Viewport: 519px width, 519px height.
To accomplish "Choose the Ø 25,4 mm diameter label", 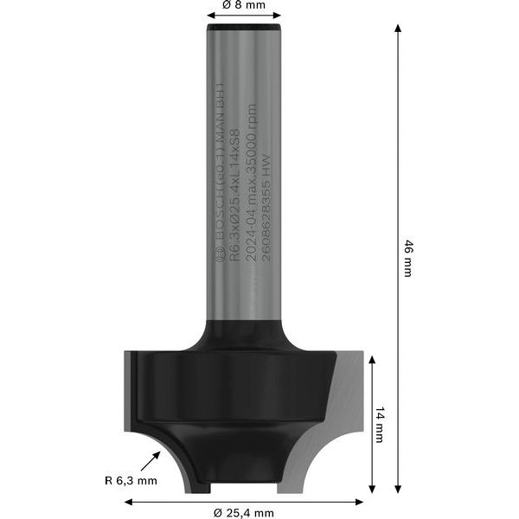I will click(x=243, y=512).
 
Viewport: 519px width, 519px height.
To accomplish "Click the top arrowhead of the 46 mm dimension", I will click(x=398, y=29).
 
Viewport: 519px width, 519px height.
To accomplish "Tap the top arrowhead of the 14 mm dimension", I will click(x=371, y=358).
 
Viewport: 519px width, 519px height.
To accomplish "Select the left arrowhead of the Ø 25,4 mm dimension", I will click(x=129, y=500).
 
